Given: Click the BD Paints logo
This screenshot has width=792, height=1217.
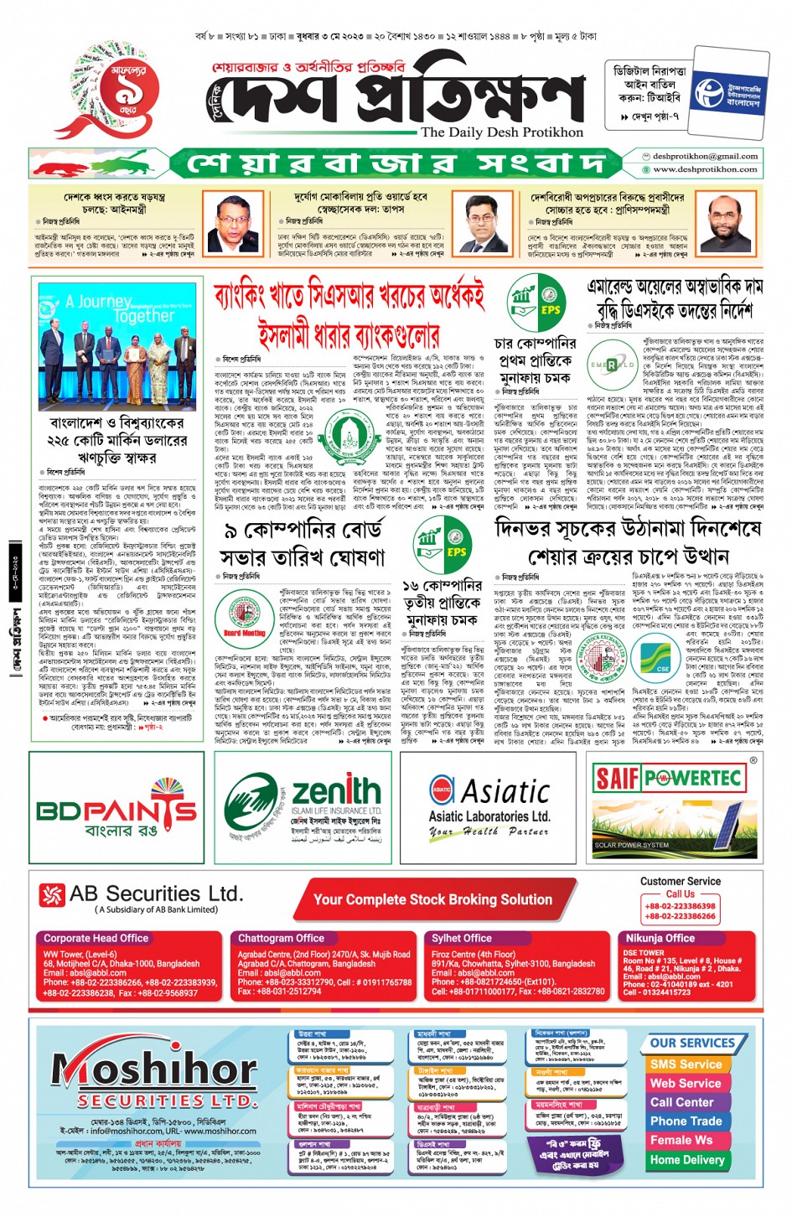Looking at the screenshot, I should pos(116,811).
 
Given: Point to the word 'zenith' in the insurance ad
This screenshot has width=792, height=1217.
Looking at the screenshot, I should pos(336,790).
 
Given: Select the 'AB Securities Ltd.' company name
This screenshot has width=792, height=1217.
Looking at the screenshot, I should pos(156,893).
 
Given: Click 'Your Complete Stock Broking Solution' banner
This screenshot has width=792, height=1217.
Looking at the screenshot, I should pos(432,899).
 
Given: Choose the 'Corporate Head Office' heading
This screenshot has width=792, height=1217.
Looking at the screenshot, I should pos(96,938).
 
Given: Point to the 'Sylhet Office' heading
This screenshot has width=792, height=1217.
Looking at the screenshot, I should pos(462,938).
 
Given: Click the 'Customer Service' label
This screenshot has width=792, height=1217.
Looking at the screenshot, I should pos(680,881).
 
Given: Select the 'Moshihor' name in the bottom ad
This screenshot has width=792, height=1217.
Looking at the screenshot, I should pos(155,1069).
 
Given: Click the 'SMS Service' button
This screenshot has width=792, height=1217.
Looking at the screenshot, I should pos(686,1064).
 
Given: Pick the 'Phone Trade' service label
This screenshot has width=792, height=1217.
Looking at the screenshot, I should pos(686,1121).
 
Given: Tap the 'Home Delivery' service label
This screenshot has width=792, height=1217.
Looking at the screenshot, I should pos(687,1159).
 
